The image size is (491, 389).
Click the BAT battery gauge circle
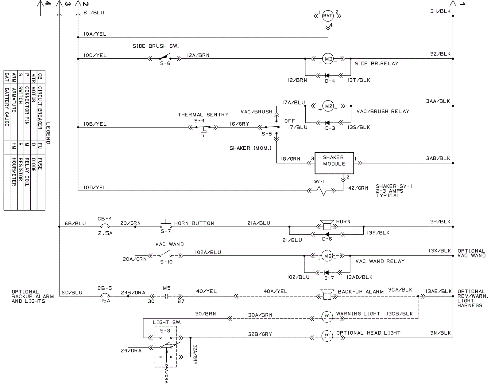(328, 16)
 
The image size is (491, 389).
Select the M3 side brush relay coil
(328, 59)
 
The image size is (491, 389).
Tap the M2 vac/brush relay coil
(328, 106)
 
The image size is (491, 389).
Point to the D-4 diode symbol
(327, 75)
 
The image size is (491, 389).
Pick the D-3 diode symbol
(327, 123)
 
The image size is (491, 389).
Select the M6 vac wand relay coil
(327, 256)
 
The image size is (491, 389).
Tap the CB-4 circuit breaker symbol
(105, 226)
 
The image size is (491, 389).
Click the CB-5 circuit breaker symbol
(105, 296)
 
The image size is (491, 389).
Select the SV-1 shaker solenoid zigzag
(321, 191)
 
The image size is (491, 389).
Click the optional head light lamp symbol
(327, 336)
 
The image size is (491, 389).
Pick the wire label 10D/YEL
(95, 187)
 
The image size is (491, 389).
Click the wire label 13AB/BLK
(437, 158)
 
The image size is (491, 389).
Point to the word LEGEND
(48, 133)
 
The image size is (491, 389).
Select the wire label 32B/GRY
(260, 334)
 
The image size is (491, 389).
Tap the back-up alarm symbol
(327, 294)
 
